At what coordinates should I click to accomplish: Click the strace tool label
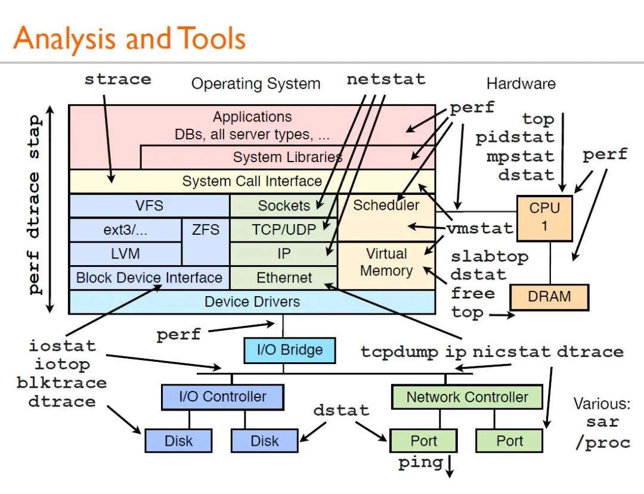click(x=117, y=79)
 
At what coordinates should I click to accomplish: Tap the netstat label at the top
click(x=386, y=79)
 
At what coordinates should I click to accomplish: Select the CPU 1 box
click(x=544, y=217)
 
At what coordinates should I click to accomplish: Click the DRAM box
click(x=549, y=296)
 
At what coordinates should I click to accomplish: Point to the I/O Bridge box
click(x=289, y=350)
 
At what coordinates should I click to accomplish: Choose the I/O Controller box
click(x=222, y=397)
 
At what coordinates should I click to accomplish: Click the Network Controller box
click(x=467, y=397)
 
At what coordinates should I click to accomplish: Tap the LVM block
click(x=125, y=253)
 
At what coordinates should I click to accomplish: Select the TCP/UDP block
click(x=284, y=229)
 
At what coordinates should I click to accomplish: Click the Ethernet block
click(x=284, y=278)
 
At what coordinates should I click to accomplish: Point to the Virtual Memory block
click(x=386, y=262)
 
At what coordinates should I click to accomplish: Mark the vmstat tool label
click(x=479, y=228)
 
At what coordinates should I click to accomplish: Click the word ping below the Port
click(x=420, y=462)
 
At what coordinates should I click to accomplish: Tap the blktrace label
click(x=61, y=383)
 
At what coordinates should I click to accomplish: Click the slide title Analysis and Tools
click(x=129, y=39)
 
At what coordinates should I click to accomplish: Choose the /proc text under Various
click(x=602, y=443)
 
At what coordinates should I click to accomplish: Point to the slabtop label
click(x=490, y=257)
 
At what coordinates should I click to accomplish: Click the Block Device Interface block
click(x=149, y=278)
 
